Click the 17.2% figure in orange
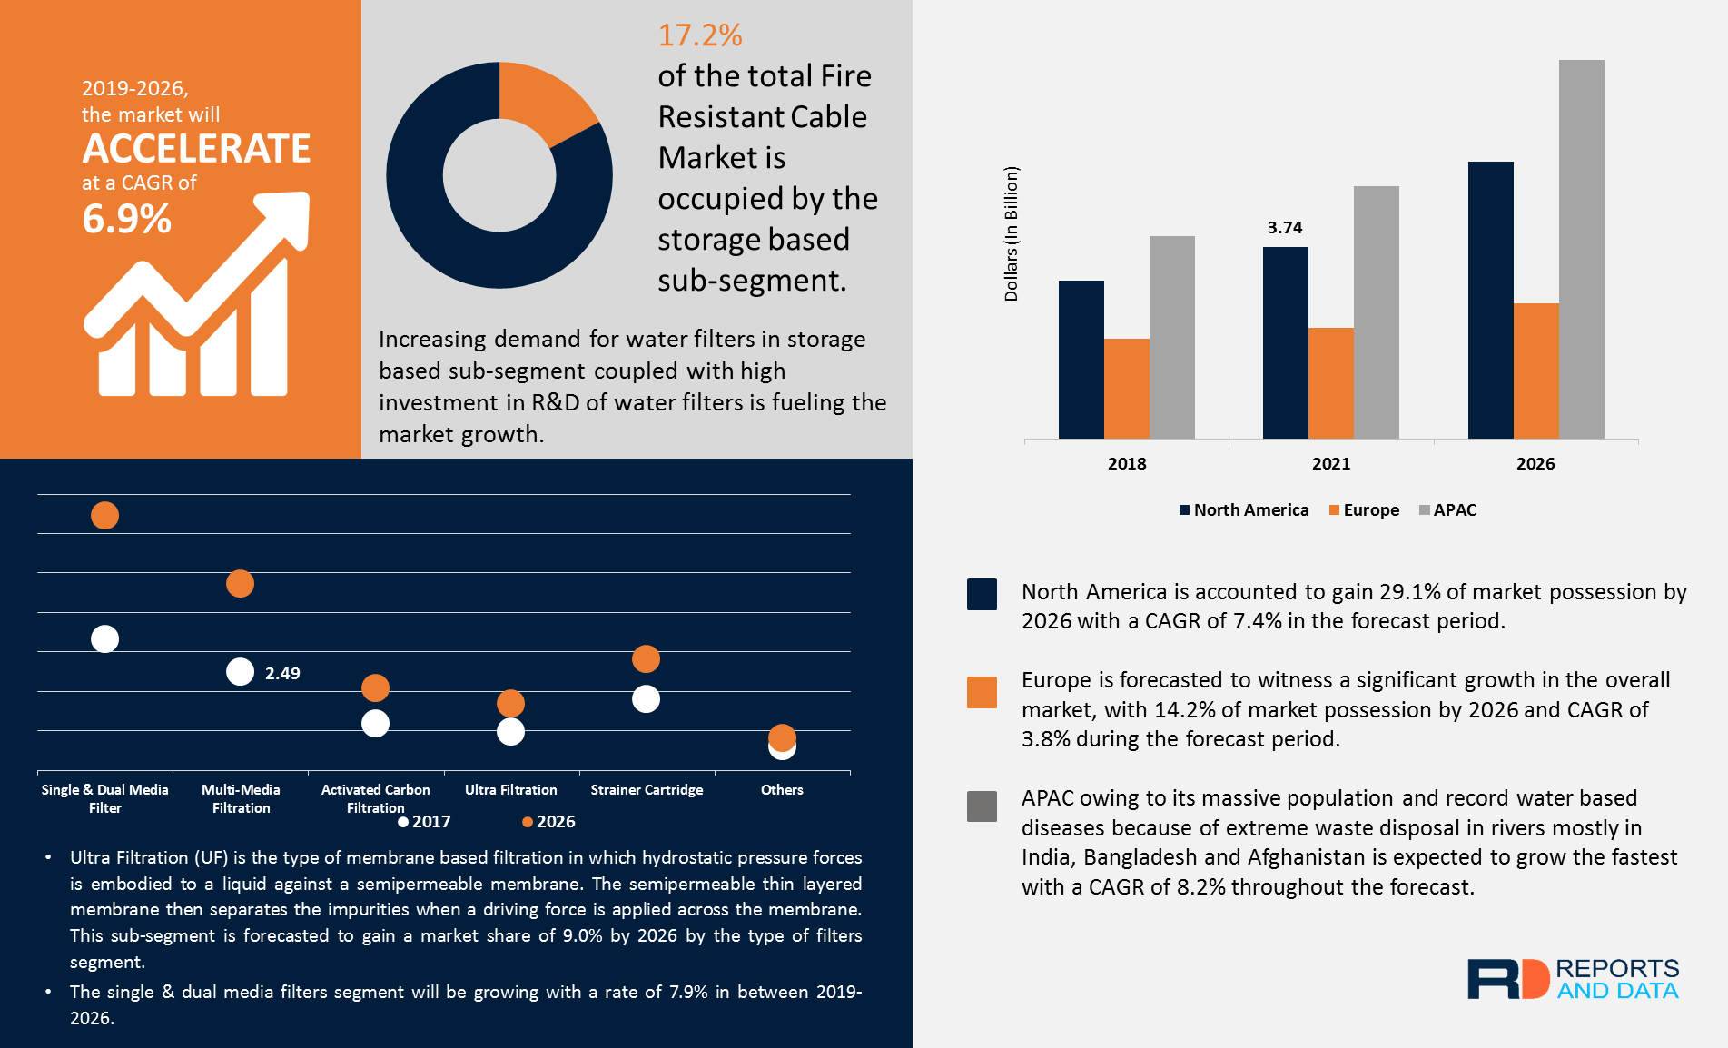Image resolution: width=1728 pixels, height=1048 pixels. (699, 35)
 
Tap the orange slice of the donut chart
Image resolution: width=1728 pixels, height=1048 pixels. (541, 102)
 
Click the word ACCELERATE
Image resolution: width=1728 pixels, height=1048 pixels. (196, 149)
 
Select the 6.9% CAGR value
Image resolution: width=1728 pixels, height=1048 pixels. (126, 219)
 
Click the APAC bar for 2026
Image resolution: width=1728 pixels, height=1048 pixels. (1581, 250)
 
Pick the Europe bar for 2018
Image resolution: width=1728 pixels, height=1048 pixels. (1126, 389)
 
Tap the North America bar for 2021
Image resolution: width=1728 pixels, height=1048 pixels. (1285, 342)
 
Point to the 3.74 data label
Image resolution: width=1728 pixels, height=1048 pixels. (1284, 228)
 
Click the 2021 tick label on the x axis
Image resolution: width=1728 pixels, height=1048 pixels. (1330, 464)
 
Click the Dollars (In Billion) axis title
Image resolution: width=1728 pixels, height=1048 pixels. (1011, 233)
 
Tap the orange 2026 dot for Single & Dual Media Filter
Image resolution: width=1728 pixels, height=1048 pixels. (104, 516)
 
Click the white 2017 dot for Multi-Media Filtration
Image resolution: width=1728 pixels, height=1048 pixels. (240, 672)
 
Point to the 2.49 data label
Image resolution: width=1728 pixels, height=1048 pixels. (282, 674)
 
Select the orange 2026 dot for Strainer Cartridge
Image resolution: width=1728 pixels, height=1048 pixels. (646, 658)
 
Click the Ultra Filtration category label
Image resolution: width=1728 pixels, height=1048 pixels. (510, 790)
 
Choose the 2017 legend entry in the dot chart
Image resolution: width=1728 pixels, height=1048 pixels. (424, 822)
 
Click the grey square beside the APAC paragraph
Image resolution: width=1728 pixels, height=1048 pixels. (982, 806)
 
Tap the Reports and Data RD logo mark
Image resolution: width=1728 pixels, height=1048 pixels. (1508, 979)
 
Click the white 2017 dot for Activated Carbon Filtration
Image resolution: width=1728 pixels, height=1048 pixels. (375, 724)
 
